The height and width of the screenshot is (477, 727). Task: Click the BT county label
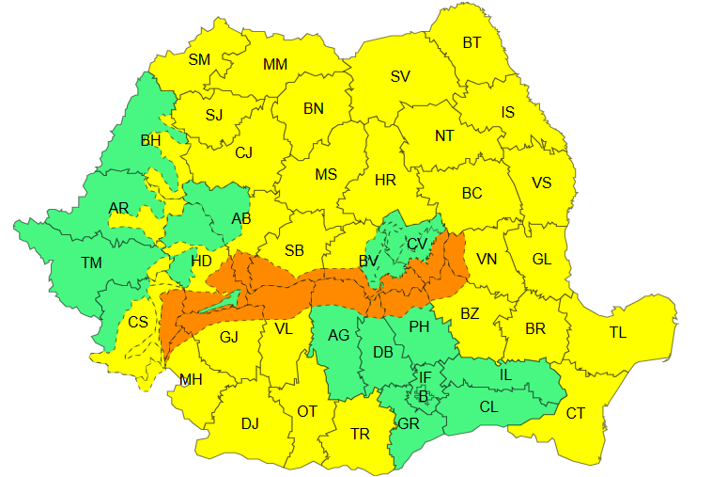(x=472, y=42)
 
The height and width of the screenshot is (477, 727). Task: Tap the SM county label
(x=199, y=59)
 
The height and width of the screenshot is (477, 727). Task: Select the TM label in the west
(x=91, y=263)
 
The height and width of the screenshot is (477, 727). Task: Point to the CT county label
(x=575, y=413)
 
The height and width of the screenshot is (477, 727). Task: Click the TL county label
(x=617, y=332)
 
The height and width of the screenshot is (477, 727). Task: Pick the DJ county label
(x=250, y=423)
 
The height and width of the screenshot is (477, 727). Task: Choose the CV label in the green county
(x=417, y=245)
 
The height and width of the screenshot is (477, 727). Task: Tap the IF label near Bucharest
(x=425, y=378)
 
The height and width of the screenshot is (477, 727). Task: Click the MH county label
(x=191, y=380)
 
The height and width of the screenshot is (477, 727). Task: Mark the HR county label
(x=385, y=180)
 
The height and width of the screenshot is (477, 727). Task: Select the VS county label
(x=541, y=183)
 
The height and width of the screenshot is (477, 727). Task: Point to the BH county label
(x=150, y=141)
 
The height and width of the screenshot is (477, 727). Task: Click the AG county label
(x=338, y=335)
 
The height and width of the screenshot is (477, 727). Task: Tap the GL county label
(x=542, y=260)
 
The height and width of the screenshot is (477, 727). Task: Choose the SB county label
(x=294, y=250)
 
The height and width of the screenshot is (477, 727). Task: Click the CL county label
(x=488, y=407)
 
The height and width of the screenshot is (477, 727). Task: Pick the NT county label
(x=444, y=135)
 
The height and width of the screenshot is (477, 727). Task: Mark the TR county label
(x=360, y=434)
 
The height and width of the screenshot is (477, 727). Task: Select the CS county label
(x=138, y=322)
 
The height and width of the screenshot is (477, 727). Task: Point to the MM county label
(x=275, y=65)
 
